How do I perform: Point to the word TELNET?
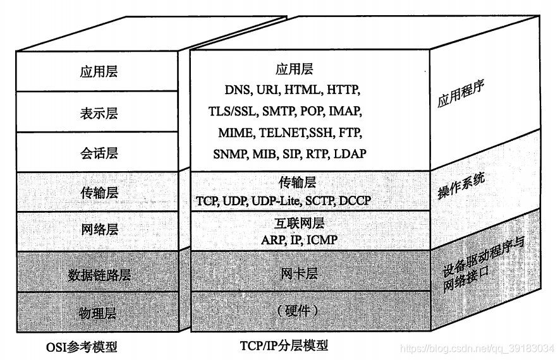[x=282, y=133]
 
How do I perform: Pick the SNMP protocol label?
[x=230, y=153]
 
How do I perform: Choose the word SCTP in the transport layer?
[x=320, y=200]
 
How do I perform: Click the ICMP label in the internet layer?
[x=322, y=240]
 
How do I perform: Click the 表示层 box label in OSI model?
[x=99, y=113]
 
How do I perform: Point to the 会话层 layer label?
[x=99, y=153]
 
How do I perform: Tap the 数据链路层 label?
[x=99, y=275]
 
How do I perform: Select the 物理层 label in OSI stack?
[x=99, y=313]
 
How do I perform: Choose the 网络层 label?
[x=99, y=230]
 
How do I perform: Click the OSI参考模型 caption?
[x=82, y=346]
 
